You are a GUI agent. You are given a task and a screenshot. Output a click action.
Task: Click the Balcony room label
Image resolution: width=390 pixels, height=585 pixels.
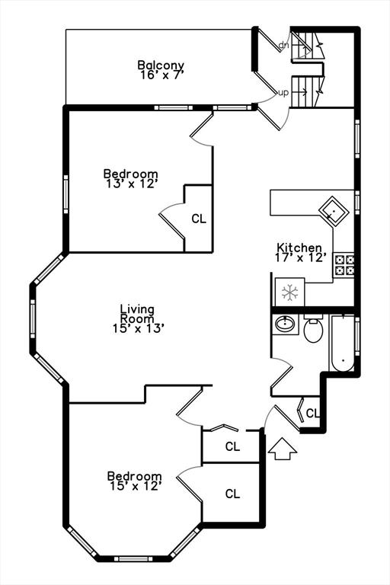[161, 65]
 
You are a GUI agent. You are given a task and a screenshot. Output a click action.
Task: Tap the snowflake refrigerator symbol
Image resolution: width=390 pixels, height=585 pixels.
[289, 292]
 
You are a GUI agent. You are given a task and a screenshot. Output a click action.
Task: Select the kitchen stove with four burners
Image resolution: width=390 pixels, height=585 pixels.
[344, 264]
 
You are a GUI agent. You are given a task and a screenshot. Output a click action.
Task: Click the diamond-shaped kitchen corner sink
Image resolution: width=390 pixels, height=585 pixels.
[334, 211]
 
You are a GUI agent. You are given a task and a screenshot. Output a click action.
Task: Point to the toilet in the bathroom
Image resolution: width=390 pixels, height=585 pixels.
[313, 328]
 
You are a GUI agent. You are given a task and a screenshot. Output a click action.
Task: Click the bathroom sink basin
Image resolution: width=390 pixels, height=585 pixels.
[285, 324]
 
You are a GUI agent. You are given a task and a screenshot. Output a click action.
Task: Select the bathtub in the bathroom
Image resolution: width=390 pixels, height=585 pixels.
[343, 344]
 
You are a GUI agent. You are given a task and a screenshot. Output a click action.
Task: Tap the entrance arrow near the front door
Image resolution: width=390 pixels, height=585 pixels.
[283, 449]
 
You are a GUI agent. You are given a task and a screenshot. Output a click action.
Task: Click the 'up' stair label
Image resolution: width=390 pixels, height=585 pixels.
[283, 92]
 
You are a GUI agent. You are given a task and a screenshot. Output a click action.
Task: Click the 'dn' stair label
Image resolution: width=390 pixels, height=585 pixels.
[283, 45]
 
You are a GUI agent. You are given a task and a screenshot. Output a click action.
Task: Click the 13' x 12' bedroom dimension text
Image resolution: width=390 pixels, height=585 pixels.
[130, 184]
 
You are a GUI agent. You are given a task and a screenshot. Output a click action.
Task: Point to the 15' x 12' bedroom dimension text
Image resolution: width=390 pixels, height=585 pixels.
[135, 486]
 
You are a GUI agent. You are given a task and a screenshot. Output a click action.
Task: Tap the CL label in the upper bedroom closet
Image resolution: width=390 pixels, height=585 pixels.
[199, 219]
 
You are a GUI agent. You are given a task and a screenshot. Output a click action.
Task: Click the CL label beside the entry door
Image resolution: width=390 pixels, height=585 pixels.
[313, 413]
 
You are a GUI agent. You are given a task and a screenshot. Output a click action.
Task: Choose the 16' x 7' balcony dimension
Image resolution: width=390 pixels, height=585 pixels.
[161, 75]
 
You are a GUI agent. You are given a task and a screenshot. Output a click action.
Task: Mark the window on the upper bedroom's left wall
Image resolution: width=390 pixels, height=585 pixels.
[66, 194]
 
